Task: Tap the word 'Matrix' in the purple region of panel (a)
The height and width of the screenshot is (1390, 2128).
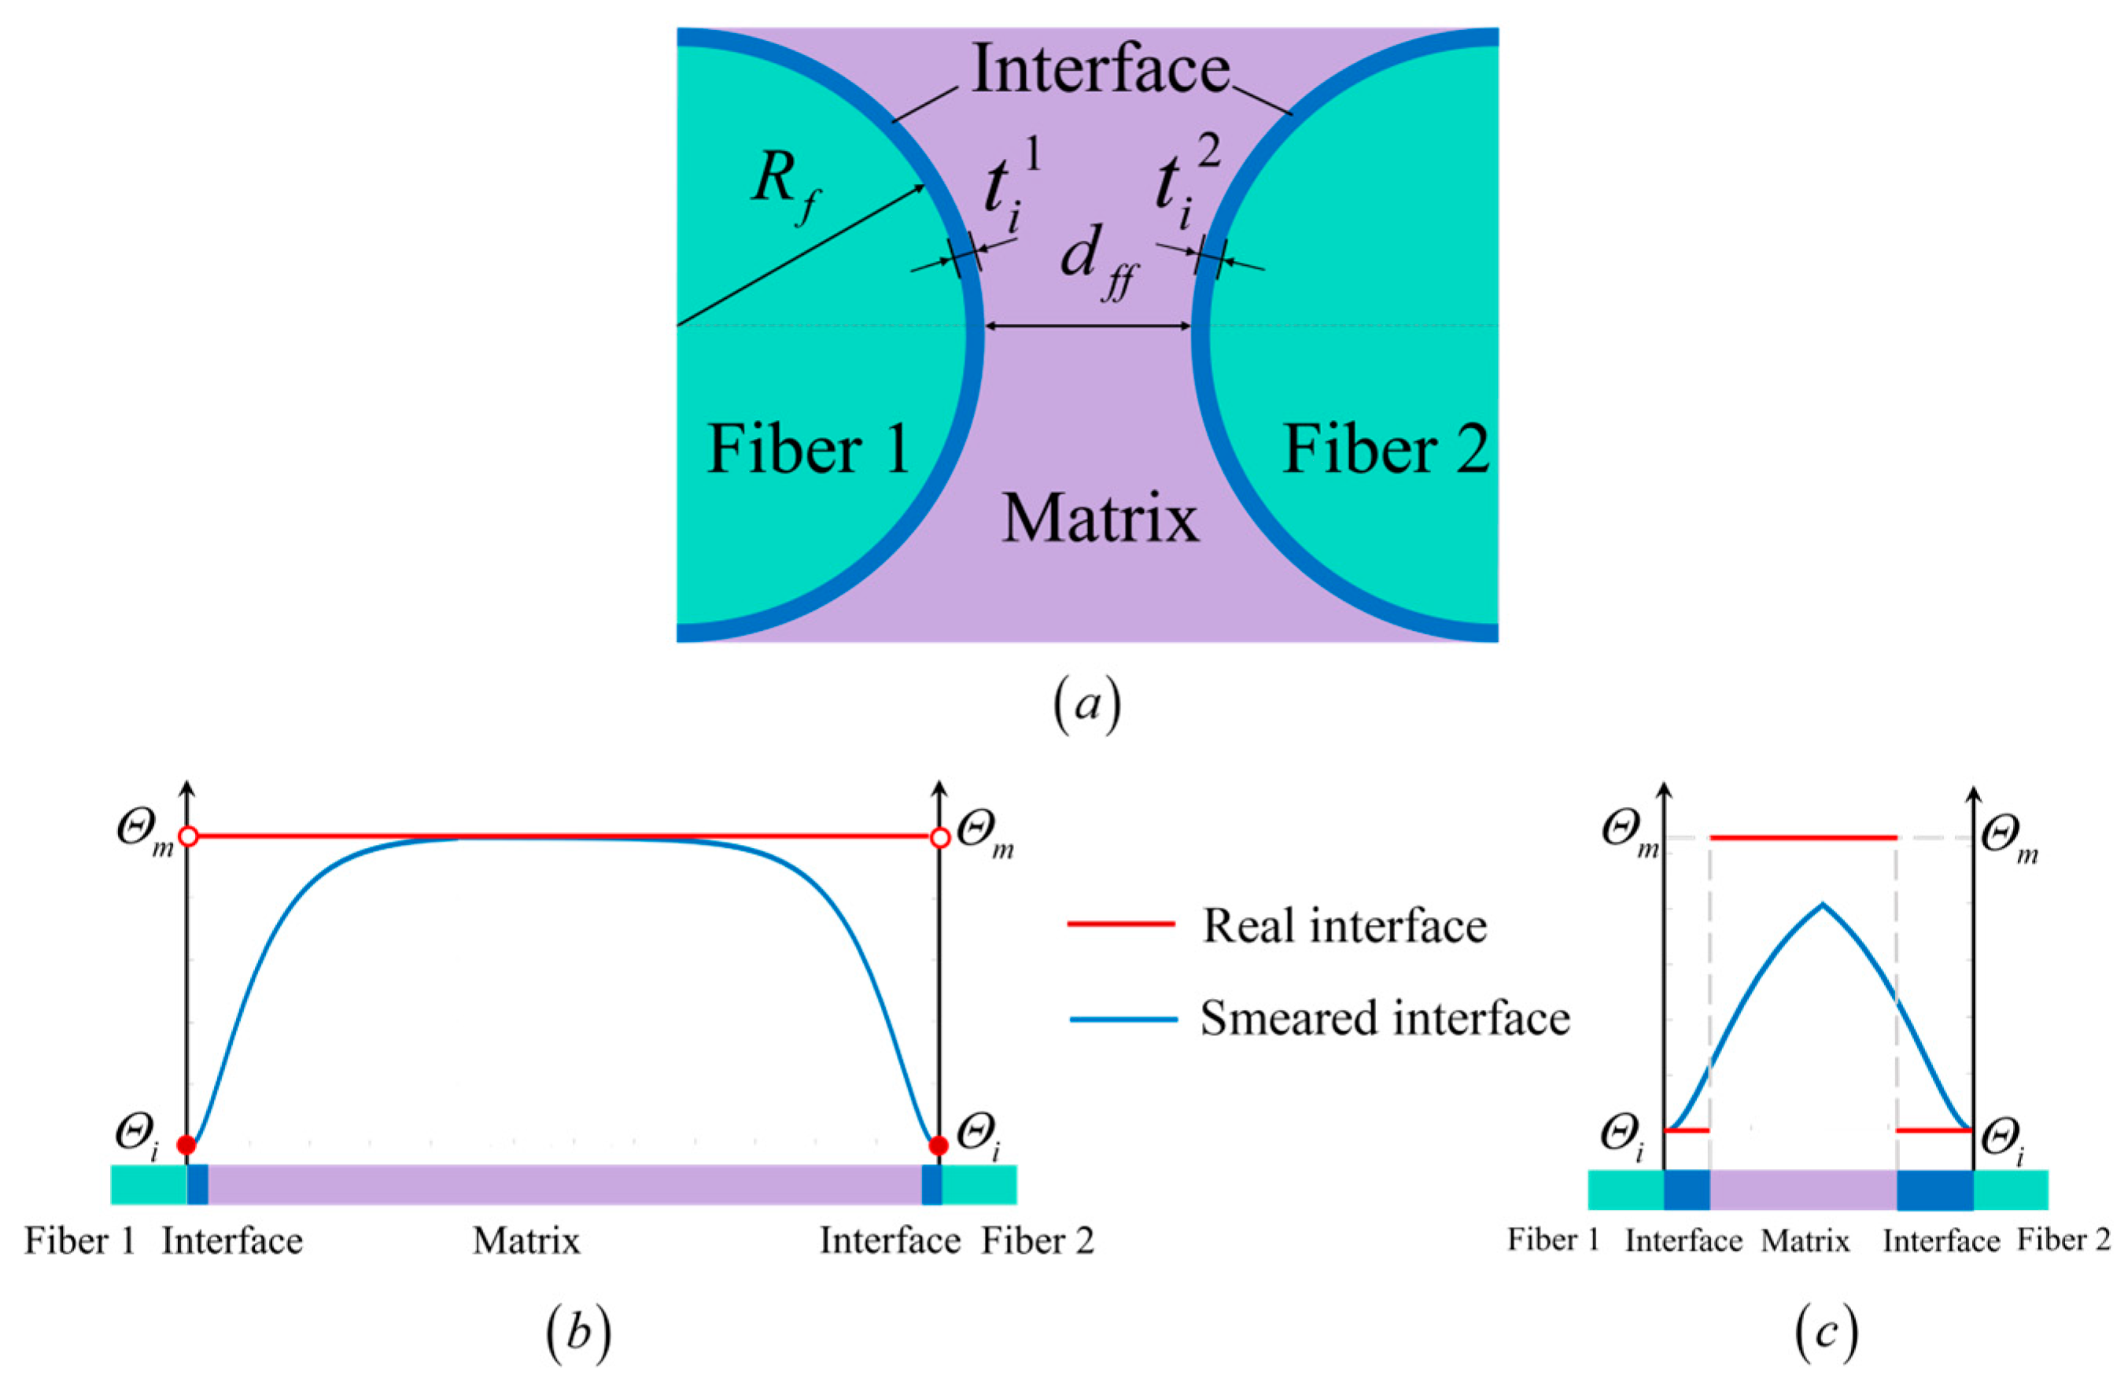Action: click(1100, 519)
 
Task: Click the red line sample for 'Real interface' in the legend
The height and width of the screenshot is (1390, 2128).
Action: click(1120, 924)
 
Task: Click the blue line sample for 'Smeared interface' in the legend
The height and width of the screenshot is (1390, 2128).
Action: click(1122, 1018)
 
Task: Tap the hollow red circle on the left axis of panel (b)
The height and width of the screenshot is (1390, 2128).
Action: click(188, 838)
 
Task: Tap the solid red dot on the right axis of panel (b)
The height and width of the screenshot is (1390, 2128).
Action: click(938, 1145)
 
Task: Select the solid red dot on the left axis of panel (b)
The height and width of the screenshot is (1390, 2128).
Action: click(186, 1145)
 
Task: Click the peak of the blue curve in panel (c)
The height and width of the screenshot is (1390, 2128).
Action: click(1822, 905)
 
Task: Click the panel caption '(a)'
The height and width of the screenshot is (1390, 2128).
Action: click(1086, 706)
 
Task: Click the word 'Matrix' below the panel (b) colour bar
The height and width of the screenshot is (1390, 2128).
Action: click(526, 1241)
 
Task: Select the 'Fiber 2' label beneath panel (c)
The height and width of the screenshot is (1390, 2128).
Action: click(2063, 1240)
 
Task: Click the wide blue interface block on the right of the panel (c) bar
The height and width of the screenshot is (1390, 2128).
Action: click(1934, 1189)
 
